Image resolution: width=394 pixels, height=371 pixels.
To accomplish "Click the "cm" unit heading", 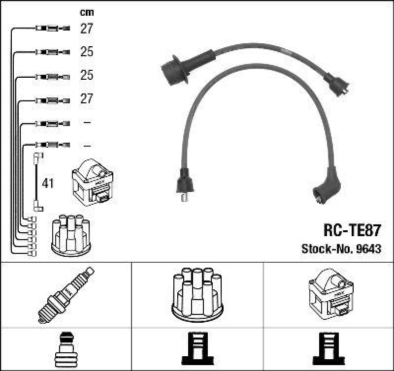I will point(86,12).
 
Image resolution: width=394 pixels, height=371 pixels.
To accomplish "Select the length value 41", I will point(48,184).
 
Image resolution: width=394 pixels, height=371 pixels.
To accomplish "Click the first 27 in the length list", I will point(86,29).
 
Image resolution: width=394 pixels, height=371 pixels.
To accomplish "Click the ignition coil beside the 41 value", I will point(93,185).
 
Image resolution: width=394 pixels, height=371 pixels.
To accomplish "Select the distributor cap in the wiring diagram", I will point(70,235).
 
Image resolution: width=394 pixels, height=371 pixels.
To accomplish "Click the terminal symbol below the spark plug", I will point(66,349).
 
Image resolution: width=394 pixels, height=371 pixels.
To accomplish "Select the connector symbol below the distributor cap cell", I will point(197,349).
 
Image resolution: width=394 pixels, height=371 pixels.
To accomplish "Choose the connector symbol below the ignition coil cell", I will point(329,349).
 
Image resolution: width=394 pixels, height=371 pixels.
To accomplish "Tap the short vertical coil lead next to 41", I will point(36,182).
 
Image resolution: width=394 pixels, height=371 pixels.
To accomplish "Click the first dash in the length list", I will point(87,122).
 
